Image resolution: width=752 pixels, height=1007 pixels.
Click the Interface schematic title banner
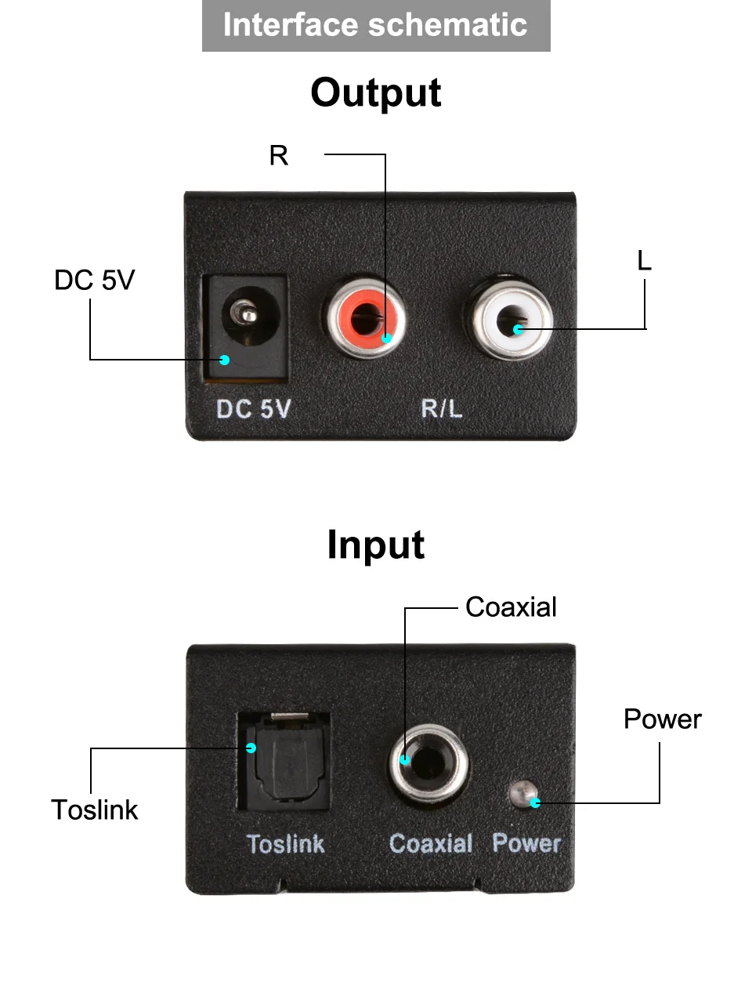(x=376, y=26)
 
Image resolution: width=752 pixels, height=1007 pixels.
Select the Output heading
(x=376, y=93)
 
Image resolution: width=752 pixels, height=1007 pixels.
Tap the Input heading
(x=376, y=545)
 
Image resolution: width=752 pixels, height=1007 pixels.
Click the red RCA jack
(x=366, y=317)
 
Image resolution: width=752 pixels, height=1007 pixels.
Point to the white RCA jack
(x=512, y=318)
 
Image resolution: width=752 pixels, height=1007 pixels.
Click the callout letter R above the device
(x=279, y=155)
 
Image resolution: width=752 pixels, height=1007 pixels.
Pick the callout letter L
(x=644, y=260)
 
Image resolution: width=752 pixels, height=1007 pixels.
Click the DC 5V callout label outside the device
(x=95, y=280)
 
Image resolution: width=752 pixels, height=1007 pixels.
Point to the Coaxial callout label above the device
(x=511, y=607)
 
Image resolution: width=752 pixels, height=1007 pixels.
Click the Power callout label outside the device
(x=663, y=719)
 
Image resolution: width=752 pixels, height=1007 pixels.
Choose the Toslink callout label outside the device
(x=95, y=810)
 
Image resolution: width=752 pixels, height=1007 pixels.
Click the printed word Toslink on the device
(x=285, y=844)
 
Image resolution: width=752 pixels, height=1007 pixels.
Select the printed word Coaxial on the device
(x=431, y=843)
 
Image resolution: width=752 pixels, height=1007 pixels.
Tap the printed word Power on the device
(x=526, y=843)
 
